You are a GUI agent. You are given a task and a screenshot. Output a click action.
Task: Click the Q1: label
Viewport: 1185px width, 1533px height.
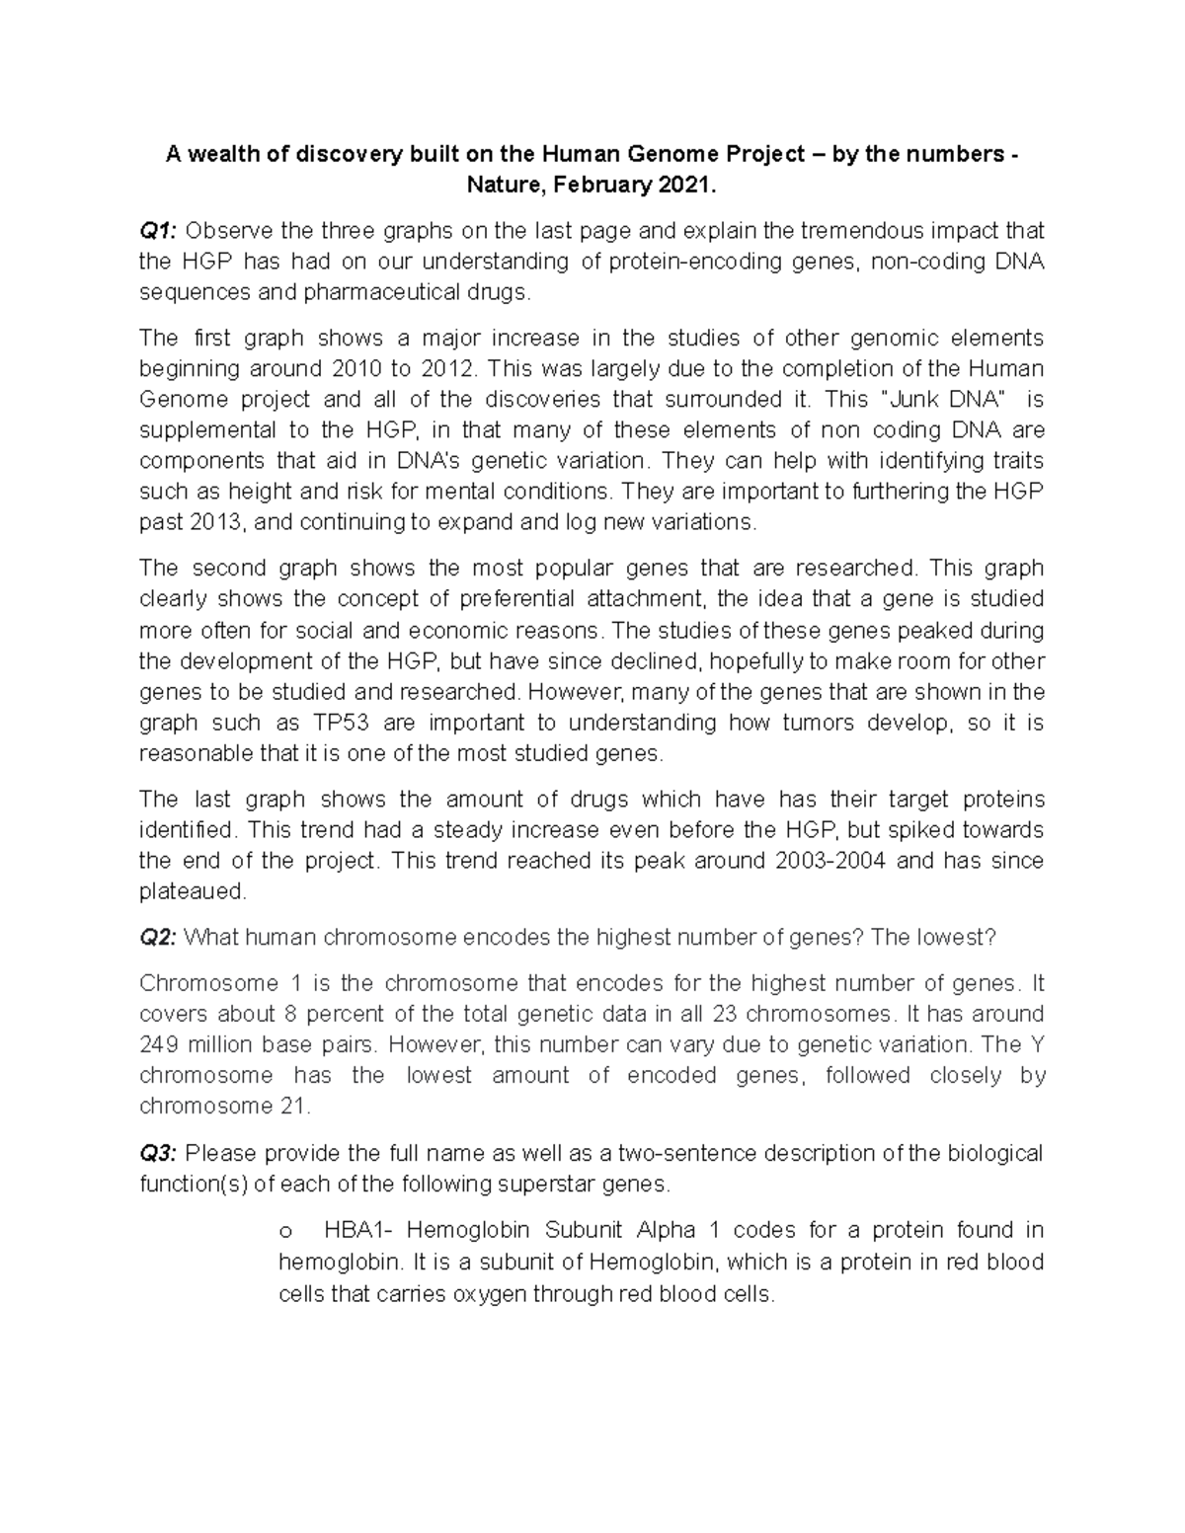[158, 231]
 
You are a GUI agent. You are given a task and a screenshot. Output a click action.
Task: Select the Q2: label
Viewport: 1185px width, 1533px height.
[158, 937]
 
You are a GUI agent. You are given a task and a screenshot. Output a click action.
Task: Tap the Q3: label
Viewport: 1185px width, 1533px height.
[158, 1153]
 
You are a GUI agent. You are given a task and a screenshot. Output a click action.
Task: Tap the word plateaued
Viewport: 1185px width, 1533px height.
[192, 890]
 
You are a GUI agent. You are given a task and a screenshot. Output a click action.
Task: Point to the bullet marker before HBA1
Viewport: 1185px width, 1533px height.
[286, 1232]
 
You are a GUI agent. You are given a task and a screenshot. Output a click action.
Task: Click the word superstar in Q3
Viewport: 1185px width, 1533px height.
[542, 1184]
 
